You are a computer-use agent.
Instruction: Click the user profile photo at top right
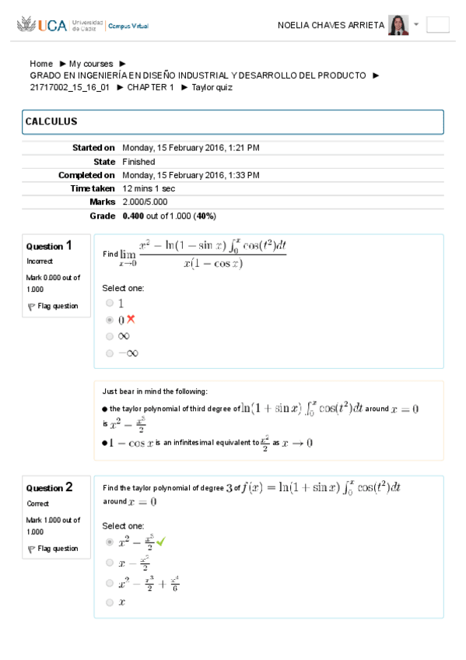[398, 25]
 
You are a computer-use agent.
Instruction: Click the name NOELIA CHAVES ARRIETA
[331, 25]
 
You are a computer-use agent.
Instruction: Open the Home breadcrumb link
[41, 64]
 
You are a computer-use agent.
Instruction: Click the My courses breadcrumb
[91, 64]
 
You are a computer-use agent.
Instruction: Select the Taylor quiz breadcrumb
[212, 87]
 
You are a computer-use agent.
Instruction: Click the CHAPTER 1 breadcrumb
[151, 87]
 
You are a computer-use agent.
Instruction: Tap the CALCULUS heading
[51, 122]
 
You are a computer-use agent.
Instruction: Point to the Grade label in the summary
[102, 216]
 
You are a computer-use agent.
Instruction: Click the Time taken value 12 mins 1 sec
[149, 188]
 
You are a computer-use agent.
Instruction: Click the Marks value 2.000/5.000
[145, 202]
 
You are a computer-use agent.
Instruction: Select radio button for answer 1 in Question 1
[110, 303]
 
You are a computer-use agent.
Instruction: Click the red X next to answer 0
[131, 319]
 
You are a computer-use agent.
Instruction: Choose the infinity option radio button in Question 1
[110, 336]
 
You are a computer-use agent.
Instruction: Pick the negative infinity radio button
[110, 353]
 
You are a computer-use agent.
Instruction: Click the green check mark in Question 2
[161, 541]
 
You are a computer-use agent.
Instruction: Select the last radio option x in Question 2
[110, 602]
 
